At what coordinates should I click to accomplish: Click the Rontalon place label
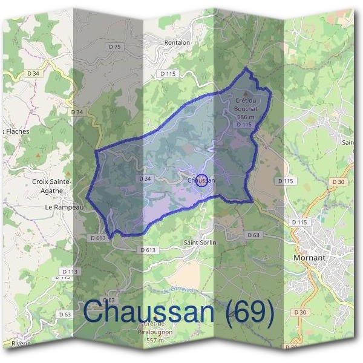(x=177, y=43)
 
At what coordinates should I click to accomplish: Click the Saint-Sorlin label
(x=199, y=243)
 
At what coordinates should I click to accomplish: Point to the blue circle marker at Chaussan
(x=203, y=180)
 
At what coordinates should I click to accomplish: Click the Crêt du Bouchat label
(x=246, y=104)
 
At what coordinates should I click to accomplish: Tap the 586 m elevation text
(x=245, y=117)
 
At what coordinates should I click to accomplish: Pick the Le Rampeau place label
(x=64, y=206)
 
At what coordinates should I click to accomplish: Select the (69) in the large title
(x=248, y=313)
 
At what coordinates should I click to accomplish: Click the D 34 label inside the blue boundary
(x=145, y=178)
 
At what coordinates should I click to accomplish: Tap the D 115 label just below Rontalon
(x=168, y=73)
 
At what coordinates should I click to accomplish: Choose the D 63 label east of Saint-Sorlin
(x=253, y=235)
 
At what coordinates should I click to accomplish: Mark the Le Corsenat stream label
(x=181, y=290)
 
